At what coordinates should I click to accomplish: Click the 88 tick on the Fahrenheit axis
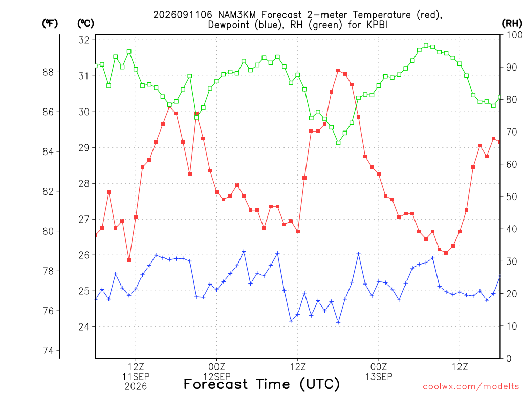pos(48,72)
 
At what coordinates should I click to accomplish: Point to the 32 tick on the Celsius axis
pos(84,40)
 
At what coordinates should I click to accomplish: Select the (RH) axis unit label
pos(512,24)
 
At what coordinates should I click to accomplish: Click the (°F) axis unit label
pos(50,24)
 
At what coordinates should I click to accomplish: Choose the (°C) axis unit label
pos(85,24)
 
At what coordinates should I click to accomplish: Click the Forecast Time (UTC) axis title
pos(261,384)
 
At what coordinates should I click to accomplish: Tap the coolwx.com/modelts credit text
pos(471,387)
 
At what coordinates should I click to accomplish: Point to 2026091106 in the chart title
pos(183,15)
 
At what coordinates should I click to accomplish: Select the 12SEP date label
pos(217,376)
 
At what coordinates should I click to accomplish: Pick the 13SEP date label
pos(379,377)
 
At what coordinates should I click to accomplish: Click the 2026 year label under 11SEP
pos(136,386)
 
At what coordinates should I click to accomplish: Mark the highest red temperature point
pos(338,71)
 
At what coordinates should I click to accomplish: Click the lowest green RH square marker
pos(338,143)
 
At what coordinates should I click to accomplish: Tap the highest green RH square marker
pos(426,46)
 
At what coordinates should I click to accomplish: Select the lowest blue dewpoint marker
pos(338,322)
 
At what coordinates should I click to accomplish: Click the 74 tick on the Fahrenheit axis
pos(48,351)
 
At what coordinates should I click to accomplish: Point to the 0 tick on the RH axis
pos(509,359)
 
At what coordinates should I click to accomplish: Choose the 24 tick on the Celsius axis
pos(84,327)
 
